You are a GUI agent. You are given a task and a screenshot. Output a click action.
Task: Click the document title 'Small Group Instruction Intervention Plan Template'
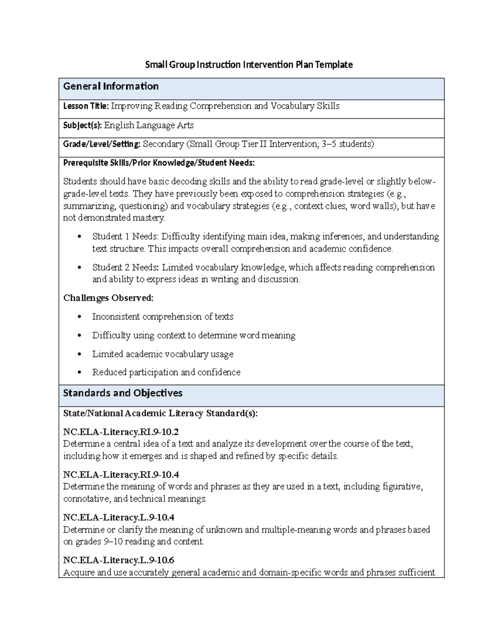(x=249, y=65)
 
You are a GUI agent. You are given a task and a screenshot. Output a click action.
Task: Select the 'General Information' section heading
(x=111, y=86)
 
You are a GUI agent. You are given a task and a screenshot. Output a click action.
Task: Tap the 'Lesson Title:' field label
(x=85, y=106)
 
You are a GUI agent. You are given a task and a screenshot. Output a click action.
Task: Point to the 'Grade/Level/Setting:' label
(x=102, y=144)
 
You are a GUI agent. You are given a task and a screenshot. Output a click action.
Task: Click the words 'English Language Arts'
(x=149, y=125)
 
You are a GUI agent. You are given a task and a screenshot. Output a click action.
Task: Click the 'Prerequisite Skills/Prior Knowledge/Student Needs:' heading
(x=159, y=163)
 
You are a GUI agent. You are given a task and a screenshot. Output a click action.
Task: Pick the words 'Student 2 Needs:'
(x=125, y=267)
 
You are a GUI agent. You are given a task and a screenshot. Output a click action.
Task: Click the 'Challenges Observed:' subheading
(x=108, y=298)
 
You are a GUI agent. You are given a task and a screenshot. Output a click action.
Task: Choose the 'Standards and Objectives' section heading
(x=122, y=393)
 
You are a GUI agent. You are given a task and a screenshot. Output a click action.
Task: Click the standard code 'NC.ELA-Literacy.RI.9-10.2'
(x=121, y=432)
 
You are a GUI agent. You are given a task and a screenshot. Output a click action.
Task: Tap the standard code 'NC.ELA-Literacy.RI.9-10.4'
(x=121, y=475)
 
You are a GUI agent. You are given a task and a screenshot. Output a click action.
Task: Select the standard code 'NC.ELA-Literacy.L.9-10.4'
(x=119, y=518)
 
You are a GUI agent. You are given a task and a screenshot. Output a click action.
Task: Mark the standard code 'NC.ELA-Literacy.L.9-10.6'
(x=119, y=561)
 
